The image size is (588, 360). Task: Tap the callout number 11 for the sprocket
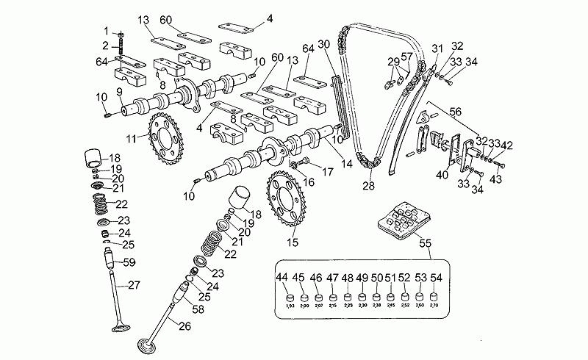point(132,137)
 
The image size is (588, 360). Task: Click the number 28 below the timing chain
point(368,187)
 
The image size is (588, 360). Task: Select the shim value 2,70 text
point(434,305)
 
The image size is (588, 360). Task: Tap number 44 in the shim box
point(282,277)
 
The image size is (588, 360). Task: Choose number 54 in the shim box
point(437,277)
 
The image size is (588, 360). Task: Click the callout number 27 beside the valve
point(133,285)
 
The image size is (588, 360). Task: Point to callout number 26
point(184,326)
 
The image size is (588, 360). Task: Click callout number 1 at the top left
point(105,30)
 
